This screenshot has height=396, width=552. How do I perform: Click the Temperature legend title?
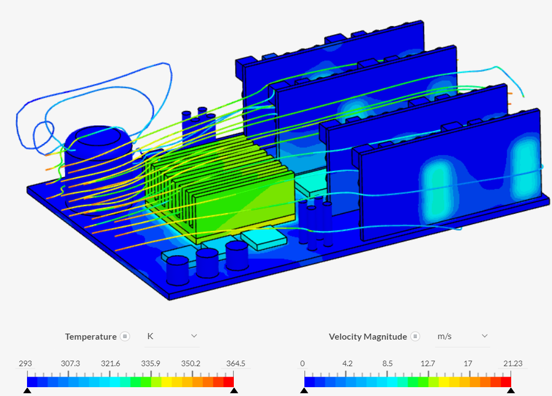[90, 336]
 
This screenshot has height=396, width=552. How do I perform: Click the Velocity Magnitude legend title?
[367, 336]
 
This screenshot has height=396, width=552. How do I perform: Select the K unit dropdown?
[172, 336]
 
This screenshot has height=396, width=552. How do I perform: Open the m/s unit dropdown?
[462, 336]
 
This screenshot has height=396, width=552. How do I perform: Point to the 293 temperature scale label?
[25, 363]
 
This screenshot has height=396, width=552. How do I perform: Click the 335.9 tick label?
[151, 363]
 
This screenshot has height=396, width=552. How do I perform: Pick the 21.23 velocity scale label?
[512, 363]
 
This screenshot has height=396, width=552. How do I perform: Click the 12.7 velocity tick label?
[428, 363]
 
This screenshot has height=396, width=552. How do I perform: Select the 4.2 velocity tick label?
[347, 363]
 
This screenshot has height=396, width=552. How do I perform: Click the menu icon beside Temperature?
[125, 336]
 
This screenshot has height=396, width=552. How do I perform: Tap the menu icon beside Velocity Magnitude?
[415, 336]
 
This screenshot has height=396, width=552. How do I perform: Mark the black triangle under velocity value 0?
[304, 390]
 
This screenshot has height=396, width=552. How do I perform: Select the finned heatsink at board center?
[221, 188]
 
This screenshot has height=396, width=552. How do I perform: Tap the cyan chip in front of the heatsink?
[264, 237]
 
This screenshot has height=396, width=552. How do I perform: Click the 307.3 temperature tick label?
[70, 363]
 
